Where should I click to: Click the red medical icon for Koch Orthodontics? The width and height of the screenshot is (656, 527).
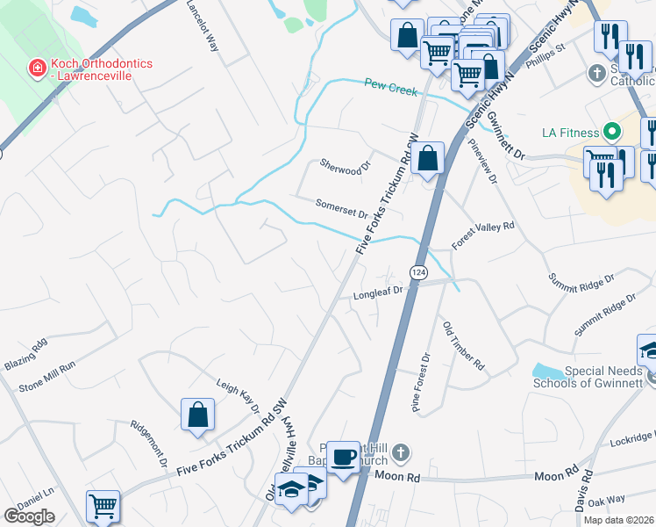(37, 67)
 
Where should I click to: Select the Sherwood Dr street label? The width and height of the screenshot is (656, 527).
(346, 165)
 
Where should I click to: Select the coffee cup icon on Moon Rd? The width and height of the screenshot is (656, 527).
(345, 458)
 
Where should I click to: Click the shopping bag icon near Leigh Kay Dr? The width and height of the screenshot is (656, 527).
(198, 415)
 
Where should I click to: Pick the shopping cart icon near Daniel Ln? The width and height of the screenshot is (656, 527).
(103, 507)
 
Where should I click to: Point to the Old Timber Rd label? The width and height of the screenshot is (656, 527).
(463, 344)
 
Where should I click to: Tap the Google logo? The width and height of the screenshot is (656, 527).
(29, 516)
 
